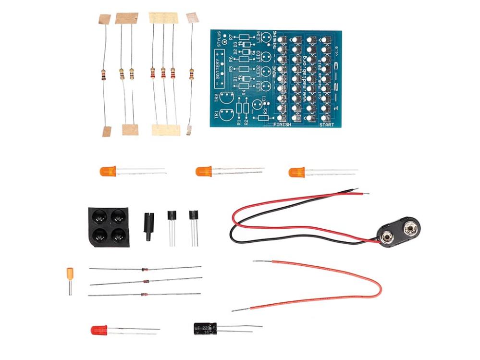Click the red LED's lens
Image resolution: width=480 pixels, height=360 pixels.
(99, 330)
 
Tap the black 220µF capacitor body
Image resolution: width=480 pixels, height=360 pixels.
(205, 328)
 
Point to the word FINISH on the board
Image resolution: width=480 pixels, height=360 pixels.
(283, 124)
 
